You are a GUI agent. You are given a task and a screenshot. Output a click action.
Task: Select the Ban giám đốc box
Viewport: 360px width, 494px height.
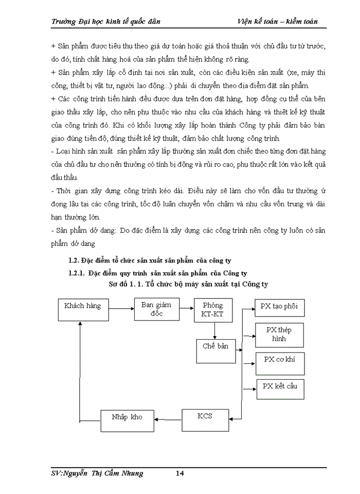coord(156,309)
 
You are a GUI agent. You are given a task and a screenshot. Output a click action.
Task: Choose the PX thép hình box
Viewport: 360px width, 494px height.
coord(280,334)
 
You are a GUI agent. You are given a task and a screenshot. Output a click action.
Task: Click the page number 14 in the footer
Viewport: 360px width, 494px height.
coord(179,473)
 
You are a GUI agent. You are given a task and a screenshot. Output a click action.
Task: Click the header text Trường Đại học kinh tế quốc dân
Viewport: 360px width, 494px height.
coord(106,21)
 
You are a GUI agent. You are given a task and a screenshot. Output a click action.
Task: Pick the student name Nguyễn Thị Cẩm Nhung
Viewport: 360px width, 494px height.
coord(106,473)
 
